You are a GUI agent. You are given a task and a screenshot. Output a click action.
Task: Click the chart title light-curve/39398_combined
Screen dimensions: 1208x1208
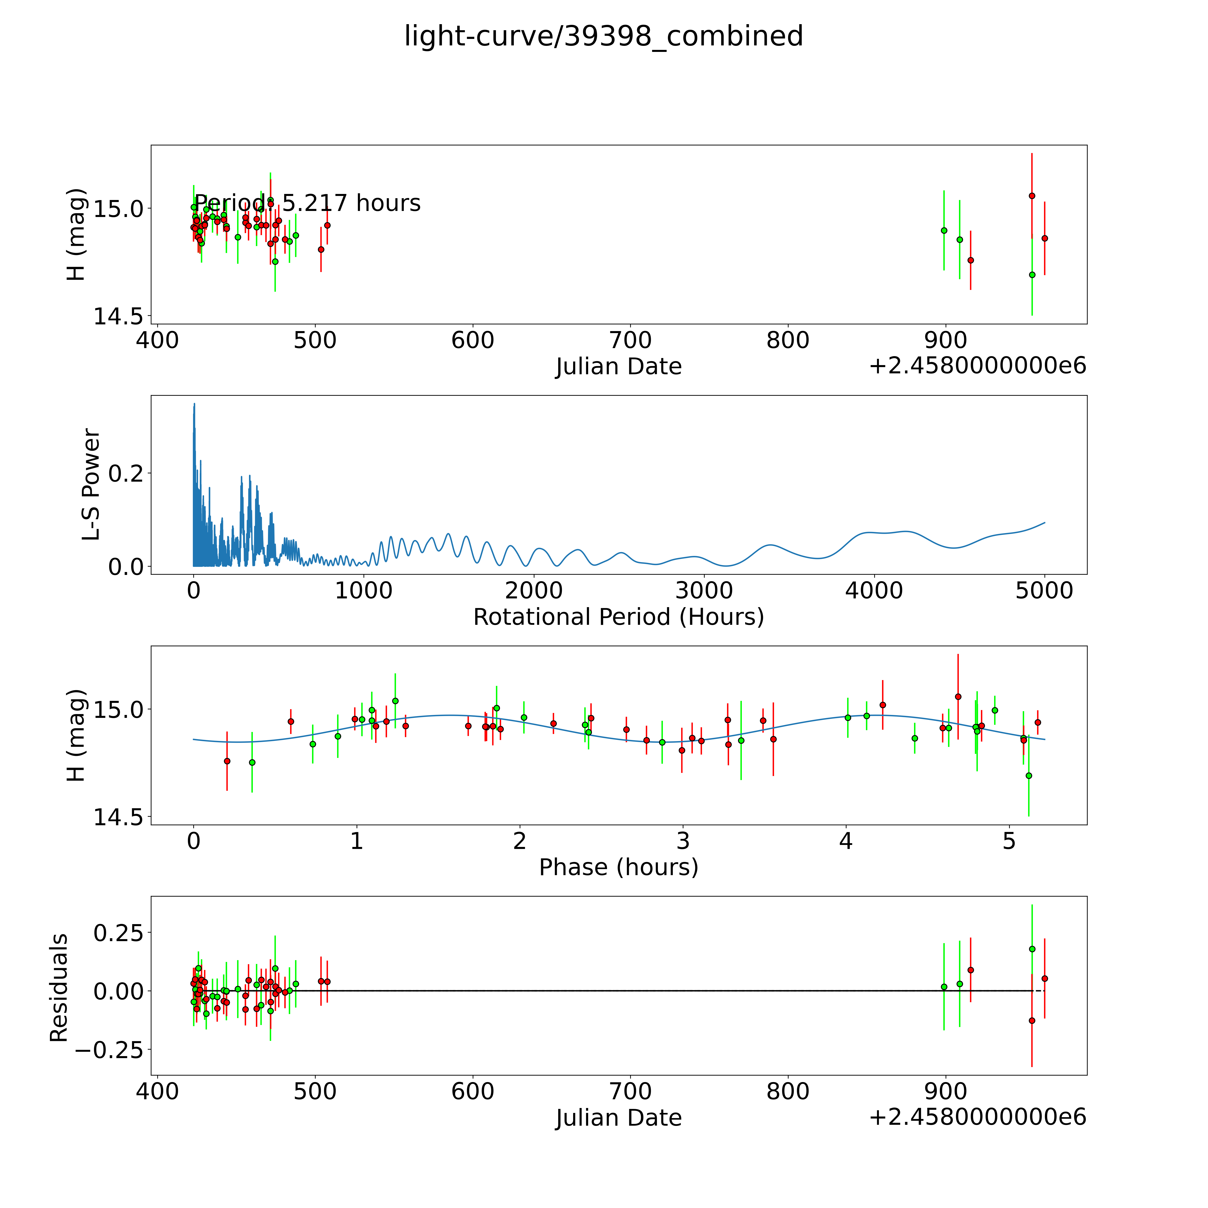point(603,36)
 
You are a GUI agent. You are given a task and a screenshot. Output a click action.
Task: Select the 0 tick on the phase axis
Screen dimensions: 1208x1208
point(194,841)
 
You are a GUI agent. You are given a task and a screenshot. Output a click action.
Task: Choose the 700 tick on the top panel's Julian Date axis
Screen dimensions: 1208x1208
point(630,341)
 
